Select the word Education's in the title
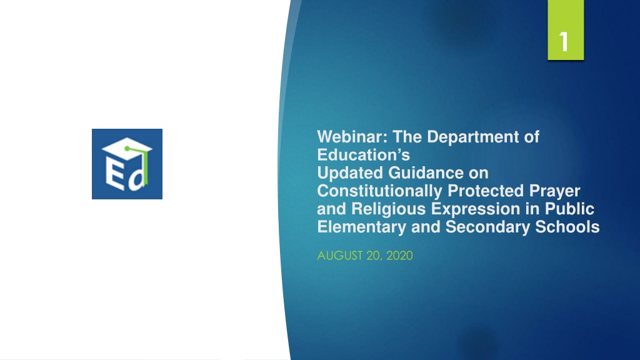point(363,155)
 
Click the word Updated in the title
point(350,173)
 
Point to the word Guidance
point(426,172)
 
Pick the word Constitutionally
point(379,191)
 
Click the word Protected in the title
point(485,191)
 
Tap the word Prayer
point(554,191)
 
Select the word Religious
point(388,209)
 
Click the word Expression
point(476,209)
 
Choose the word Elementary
point(362,227)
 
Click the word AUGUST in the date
point(339,256)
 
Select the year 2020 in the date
point(399,256)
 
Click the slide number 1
point(564,42)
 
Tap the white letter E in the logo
point(115,174)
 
